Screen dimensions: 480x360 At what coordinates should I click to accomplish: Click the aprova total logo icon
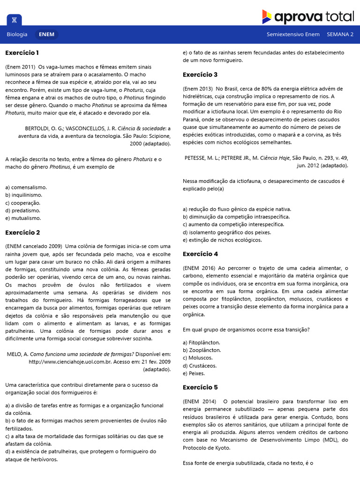pos(267,17)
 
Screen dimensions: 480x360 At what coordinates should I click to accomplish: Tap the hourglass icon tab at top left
pos(14,20)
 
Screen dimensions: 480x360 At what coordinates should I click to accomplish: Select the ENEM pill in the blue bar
pos(46,34)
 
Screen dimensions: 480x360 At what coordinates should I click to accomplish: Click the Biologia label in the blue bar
pos(17,34)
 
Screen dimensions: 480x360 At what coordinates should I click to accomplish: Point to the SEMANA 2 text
pos(340,34)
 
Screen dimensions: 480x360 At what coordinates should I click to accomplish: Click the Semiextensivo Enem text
pos(293,34)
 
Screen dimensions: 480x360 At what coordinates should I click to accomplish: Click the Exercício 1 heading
pos(22,52)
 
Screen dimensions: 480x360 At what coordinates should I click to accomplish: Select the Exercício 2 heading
pos(22,232)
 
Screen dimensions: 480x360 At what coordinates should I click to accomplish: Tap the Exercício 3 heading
pos(200,75)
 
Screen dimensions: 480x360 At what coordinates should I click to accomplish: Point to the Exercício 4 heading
pos(200,254)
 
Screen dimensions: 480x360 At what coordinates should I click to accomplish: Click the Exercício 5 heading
pos(200,387)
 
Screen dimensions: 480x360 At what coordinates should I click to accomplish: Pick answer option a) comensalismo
pos(26,187)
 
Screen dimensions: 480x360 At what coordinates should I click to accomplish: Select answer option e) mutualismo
pos(23,218)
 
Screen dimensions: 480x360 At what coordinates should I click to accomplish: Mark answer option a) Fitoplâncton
pos(202,342)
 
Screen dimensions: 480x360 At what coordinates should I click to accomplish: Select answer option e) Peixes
pos(194,373)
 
